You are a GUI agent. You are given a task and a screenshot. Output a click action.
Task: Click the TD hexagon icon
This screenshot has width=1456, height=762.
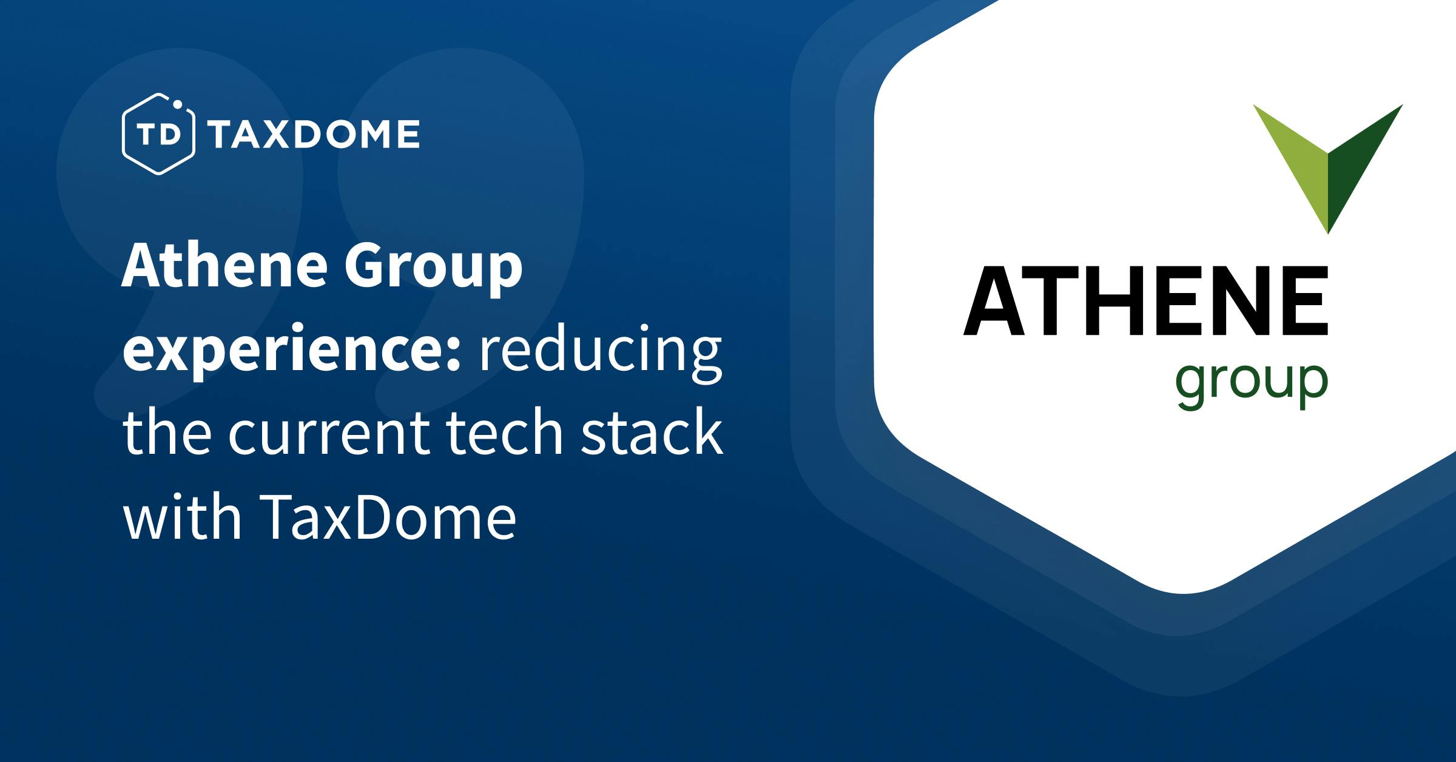coord(158,134)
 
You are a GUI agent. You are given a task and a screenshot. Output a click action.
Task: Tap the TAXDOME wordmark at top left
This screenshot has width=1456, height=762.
coord(314,135)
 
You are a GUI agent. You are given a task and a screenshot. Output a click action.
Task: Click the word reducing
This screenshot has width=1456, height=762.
coord(601,354)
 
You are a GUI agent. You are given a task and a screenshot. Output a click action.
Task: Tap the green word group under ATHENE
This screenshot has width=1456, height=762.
coord(1252,386)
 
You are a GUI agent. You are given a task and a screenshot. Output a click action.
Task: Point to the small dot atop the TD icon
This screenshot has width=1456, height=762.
coord(178,104)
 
